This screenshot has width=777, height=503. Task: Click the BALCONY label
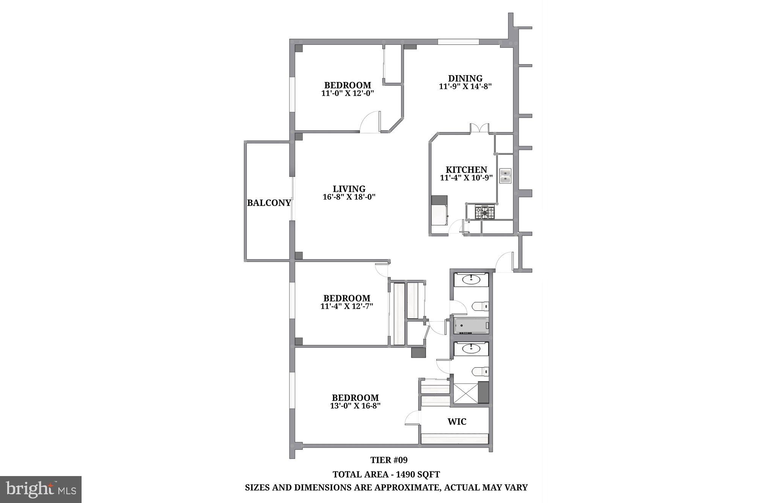[x=269, y=203]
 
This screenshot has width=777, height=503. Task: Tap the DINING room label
[x=465, y=78]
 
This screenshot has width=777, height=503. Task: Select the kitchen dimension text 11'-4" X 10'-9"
[x=466, y=178]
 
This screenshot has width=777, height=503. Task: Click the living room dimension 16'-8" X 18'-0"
[x=349, y=197]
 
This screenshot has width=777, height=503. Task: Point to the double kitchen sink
[x=505, y=176]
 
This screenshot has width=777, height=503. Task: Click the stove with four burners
[x=485, y=212]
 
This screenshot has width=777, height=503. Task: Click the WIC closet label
[x=457, y=421]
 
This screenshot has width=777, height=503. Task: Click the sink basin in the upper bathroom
[x=471, y=280]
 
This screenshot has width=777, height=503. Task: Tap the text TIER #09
[x=389, y=460]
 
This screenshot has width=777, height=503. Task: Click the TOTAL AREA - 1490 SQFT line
[x=386, y=475]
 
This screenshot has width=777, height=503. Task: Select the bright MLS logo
[x=41, y=489]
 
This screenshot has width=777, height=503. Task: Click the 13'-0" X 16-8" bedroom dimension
[x=355, y=406]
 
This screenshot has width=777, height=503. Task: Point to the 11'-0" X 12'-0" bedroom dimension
[x=348, y=93]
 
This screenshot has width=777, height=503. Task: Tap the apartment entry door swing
[x=505, y=262]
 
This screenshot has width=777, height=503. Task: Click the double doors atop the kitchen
[x=480, y=128]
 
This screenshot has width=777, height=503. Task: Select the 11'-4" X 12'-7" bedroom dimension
[x=347, y=306]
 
